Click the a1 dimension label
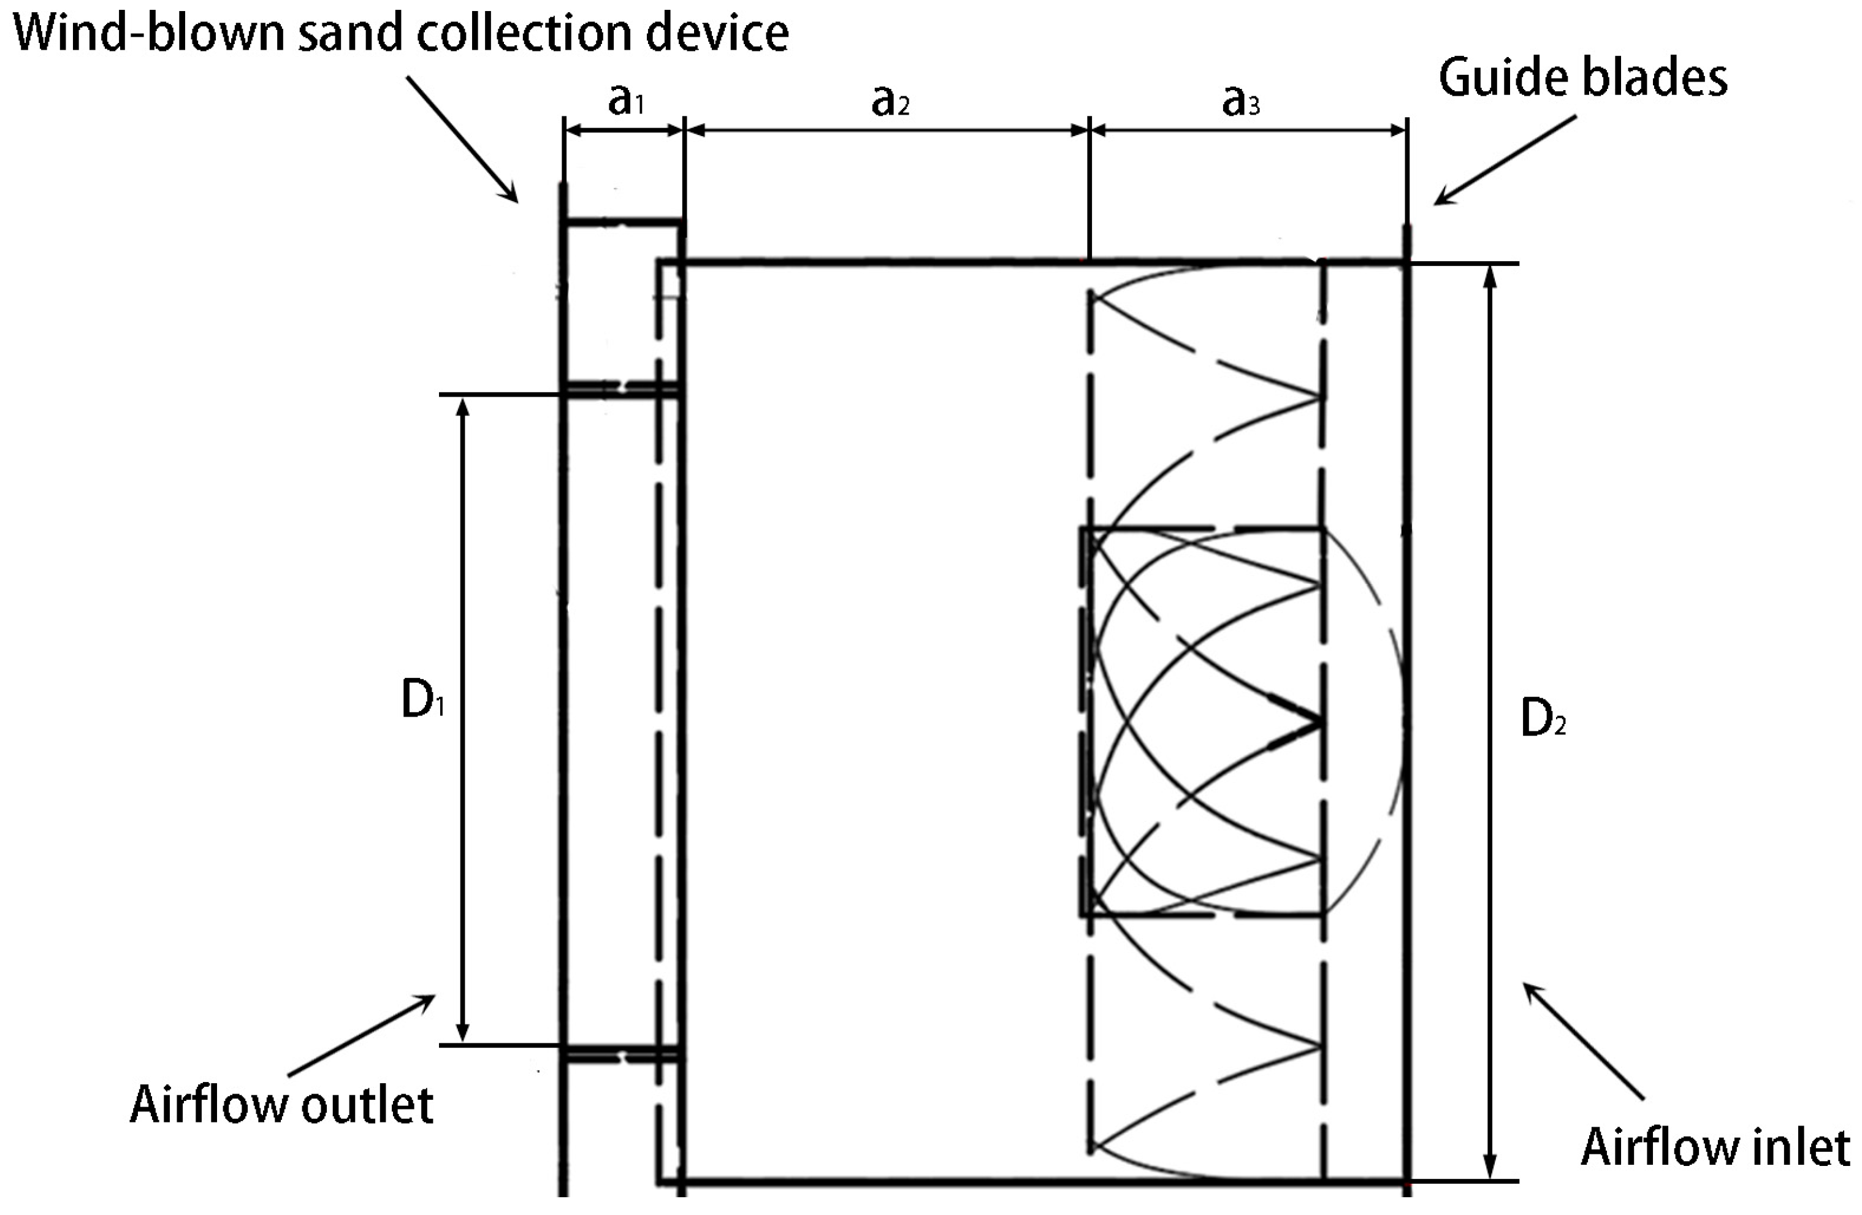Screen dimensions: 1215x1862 626,100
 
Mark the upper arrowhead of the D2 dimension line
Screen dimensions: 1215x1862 1490,277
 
